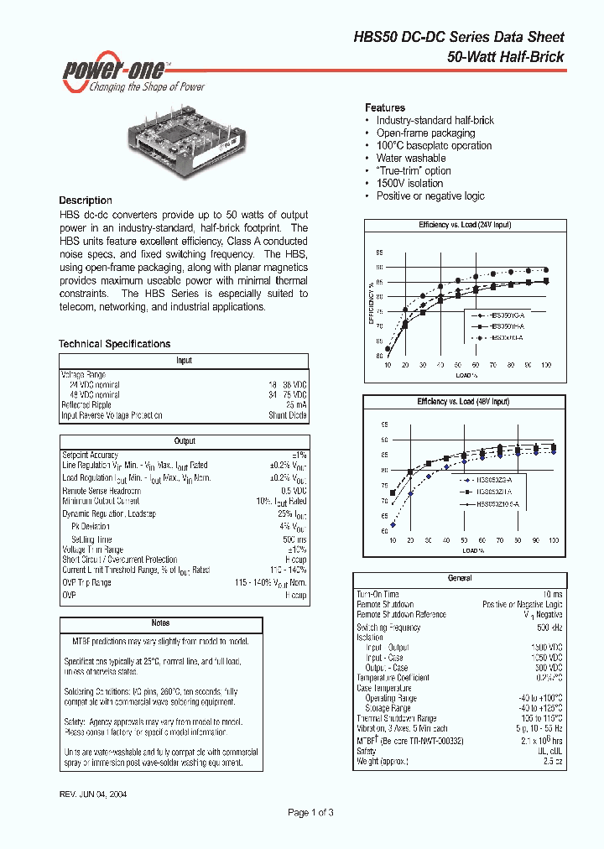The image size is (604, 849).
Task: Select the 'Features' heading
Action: click(384, 108)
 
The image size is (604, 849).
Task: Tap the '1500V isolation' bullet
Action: click(409, 184)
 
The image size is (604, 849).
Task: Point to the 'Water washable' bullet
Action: click(411, 159)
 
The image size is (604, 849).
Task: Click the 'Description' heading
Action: click(85, 201)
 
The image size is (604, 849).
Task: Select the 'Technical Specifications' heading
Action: click(114, 344)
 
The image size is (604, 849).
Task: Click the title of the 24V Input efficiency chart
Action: click(465, 226)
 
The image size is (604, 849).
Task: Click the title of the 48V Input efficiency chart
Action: click(463, 402)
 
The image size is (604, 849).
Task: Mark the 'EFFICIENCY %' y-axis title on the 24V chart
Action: click(371, 303)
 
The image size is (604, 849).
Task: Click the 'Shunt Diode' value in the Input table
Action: click(288, 415)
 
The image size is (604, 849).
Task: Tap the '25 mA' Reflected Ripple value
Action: click(295, 405)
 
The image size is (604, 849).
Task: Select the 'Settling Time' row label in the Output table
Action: click(91, 539)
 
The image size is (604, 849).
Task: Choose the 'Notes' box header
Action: click(160, 623)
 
